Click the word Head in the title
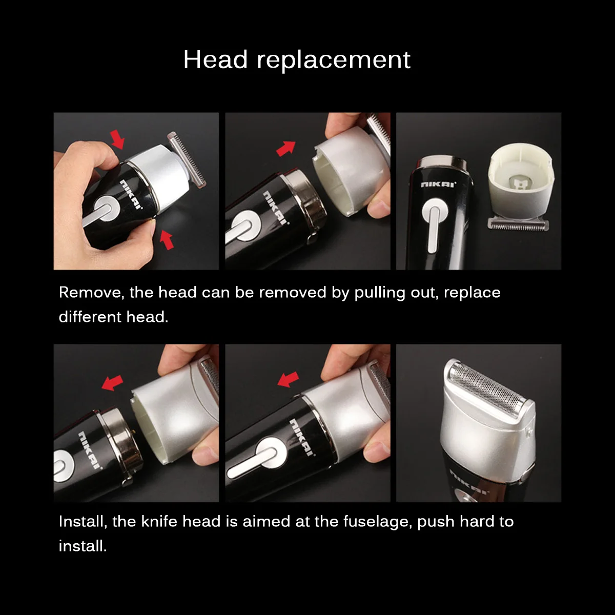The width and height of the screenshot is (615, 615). click(x=215, y=59)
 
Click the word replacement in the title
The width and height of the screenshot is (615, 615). click(x=334, y=60)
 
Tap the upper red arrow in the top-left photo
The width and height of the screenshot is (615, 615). click(x=118, y=138)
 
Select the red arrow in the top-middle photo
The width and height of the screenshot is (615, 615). click(x=286, y=148)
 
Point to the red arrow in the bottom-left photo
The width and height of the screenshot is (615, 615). click(x=112, y=382)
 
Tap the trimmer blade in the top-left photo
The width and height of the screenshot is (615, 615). click(x=187, y=159)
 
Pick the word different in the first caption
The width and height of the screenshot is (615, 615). click(x=90, y=317)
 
